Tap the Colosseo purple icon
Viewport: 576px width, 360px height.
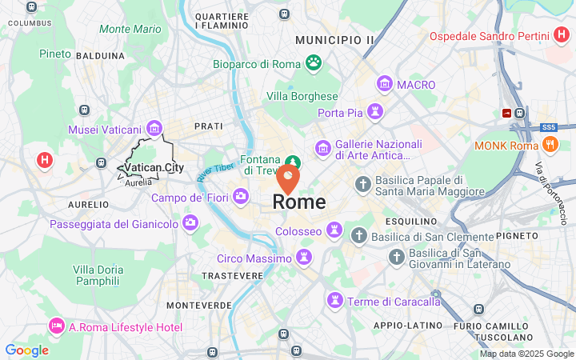(x=334, y=231)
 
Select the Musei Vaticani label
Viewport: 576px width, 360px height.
(x=105, y=130)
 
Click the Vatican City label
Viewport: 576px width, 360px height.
(x=154, y=168)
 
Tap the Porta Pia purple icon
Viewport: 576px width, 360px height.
(x=374, y=113)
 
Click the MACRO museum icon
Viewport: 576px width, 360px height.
(x=385, y=84)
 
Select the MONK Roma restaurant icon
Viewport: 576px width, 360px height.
(x=550, y=146)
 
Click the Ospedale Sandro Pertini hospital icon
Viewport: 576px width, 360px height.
(x=562, y=36)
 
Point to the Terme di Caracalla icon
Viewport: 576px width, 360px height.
(x=334, y=301)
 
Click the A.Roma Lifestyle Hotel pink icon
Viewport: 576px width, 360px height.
(x=56, y=326)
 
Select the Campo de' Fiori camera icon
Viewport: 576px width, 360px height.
(x=241, y=196)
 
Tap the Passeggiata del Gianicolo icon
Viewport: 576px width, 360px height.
(x=190, y=222)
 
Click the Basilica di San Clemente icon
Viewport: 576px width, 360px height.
(x=358, y=236)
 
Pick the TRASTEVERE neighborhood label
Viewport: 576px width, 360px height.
(x=232, y=276)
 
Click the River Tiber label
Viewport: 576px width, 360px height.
(x=214, y=169)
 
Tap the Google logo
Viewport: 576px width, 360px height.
(x=26, y=350)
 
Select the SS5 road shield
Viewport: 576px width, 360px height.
(x=548, y=127)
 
